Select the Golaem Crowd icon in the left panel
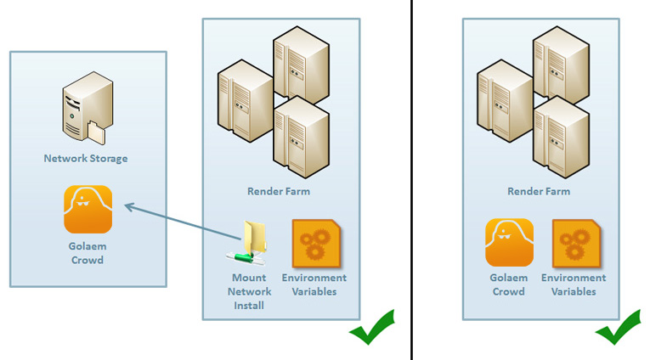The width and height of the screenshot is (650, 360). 88,209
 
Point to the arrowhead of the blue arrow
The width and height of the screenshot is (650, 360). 127,205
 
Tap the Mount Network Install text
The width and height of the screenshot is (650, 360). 250,291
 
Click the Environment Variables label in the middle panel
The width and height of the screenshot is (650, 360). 314,284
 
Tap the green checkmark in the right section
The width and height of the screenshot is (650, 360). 618,328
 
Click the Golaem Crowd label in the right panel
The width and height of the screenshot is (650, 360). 509,284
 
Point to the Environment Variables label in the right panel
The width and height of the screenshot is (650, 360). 574,284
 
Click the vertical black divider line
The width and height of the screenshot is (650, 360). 412,180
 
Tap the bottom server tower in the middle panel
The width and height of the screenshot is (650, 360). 301,136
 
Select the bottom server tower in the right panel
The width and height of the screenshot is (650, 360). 561,136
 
